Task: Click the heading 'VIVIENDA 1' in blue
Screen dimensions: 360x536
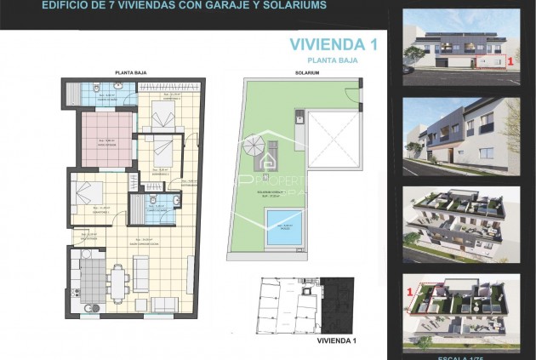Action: (x=333, y=44)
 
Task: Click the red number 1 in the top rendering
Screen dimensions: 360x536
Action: (x=509, y=61)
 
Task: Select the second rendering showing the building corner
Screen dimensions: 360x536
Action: (x=460, y=129)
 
